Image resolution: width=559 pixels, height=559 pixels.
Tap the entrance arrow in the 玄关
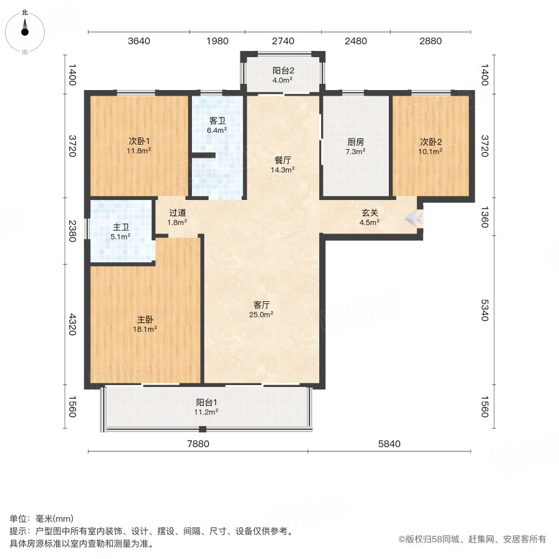414,219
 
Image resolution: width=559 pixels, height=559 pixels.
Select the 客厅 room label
261,305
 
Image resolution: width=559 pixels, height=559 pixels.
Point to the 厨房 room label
355,141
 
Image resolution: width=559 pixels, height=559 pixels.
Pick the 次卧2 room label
430,141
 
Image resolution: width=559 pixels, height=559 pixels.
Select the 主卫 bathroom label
120,227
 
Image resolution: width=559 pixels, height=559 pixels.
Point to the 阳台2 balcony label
283,70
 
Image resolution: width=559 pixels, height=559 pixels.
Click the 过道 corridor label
177,212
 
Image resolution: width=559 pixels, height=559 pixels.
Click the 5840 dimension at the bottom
389,443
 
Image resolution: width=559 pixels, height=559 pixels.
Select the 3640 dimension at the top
139,42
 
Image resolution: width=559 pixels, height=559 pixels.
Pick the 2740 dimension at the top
283,42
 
